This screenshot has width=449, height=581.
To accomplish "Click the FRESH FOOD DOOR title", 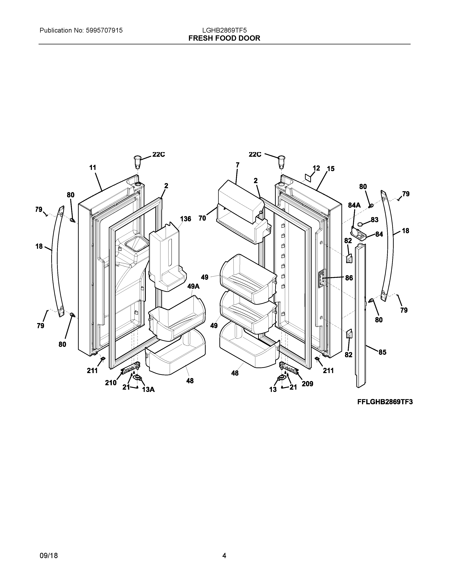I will click(224, 38).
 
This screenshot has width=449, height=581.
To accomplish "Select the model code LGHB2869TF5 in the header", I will click(224, 31).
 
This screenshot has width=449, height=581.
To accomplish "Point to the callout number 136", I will click(185, 219).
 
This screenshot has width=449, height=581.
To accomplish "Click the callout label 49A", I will click(193, 286).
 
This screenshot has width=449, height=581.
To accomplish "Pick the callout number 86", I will click(349, 278).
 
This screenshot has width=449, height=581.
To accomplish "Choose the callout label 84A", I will click(354, 205).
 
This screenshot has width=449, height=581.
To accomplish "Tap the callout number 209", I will click(307, 384).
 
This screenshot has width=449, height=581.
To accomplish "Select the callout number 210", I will click(111, 383).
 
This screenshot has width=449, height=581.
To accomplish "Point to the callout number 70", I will click(202, 218).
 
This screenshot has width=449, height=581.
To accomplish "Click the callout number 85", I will click(382, 352).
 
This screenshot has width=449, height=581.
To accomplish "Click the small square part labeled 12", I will click(308, 177).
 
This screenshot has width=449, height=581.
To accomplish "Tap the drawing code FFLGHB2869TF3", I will click(385, 402).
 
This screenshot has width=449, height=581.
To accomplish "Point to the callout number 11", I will click(93, 168).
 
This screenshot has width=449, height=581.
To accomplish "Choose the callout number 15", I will click(331, 169).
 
